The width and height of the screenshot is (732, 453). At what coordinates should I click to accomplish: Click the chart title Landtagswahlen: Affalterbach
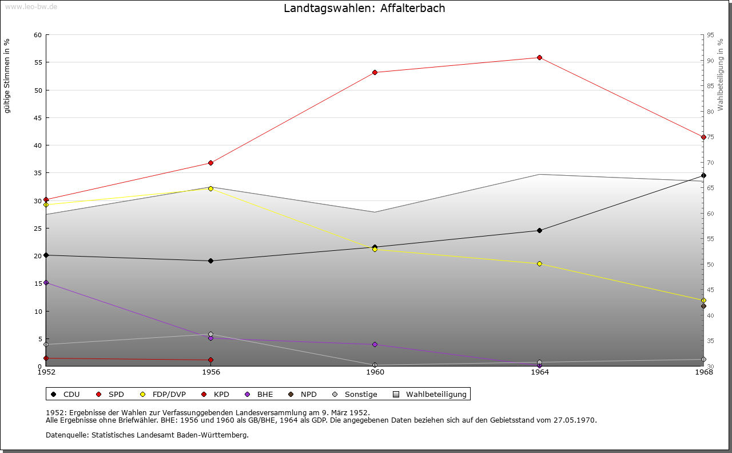364,9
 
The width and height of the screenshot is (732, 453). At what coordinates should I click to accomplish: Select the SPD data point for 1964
539,57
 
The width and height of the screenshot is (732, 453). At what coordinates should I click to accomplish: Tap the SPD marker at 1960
375,72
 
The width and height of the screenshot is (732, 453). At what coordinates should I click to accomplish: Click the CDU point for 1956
210,261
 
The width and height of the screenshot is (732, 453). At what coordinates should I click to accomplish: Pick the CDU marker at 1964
539,230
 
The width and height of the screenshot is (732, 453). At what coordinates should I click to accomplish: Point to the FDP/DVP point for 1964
539,263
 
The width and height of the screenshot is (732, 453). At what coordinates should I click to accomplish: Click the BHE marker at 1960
375,344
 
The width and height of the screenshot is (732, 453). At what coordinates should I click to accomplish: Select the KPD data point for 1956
210,360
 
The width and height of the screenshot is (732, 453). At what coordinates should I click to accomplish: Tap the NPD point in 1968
703,306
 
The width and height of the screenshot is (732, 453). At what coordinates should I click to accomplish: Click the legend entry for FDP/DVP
163,394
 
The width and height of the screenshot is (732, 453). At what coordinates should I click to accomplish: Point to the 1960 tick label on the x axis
375,372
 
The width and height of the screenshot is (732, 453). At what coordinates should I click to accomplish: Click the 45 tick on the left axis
38,118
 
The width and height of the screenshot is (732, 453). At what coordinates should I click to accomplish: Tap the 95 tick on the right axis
710,35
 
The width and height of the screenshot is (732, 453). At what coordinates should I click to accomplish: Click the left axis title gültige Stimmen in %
7,76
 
